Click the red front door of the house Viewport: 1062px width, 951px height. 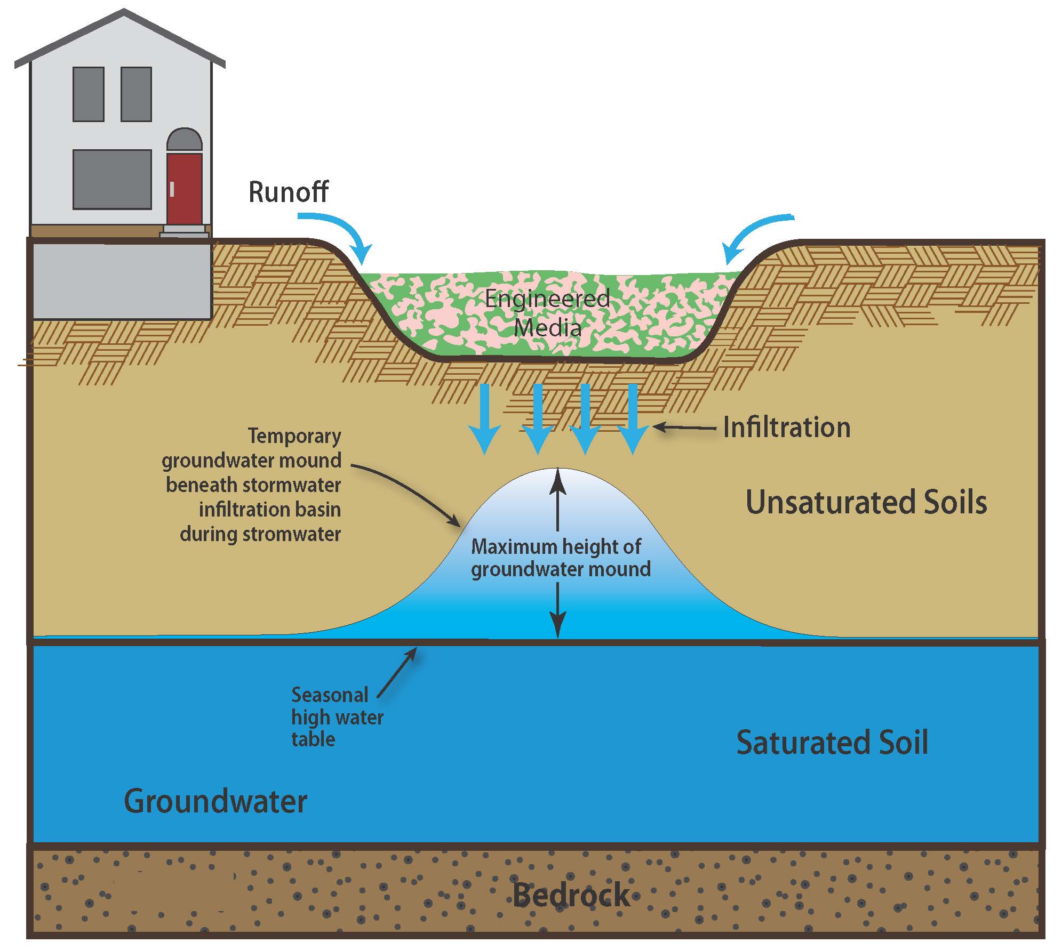[x=184, y=189]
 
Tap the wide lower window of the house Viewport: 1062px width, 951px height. [x=112, y=179]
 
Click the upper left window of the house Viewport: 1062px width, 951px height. [x=88, y=94]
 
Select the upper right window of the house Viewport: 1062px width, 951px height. [x=136, y=94]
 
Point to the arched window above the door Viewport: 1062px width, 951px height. [x=185, y=140]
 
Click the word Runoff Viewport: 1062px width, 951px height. [x=289, y=192]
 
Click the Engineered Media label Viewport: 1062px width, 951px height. [x=548, y=312]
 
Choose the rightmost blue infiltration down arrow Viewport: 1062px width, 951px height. [x=633, y=418]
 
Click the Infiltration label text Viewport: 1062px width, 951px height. [x=786, y=428]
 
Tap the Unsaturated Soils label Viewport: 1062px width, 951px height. [x=866, y=502]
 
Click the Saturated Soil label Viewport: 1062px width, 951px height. [x=832, y=743]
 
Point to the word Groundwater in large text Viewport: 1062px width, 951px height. [x=215, y=801]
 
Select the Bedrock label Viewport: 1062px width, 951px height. [x=571, y=895]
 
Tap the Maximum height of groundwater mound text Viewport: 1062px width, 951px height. [x=560, y=558]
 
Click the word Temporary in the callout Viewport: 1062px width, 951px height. [x=294, y=436]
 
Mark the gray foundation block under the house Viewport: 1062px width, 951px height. [x=122, y=281]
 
